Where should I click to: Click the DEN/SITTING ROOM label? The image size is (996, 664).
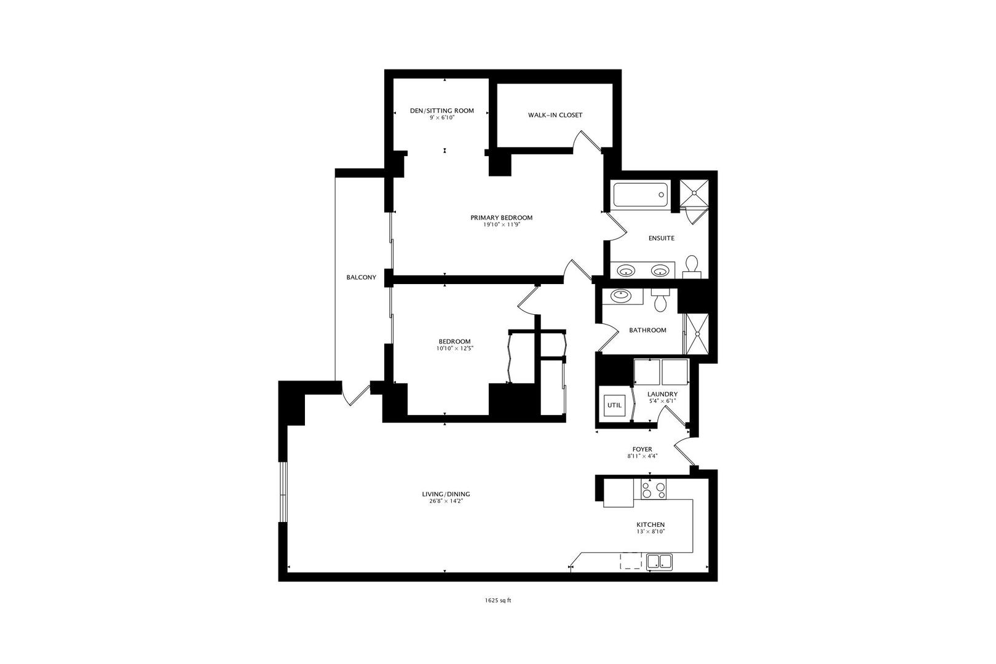441,111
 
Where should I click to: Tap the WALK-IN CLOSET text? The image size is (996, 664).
555,115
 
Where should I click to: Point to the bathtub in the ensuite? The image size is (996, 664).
640,195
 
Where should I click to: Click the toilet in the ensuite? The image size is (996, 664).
692,264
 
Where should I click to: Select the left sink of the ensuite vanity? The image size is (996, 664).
626,270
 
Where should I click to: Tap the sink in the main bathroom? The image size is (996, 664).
622,296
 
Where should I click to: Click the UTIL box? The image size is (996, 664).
614,405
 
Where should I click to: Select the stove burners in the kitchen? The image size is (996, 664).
653,490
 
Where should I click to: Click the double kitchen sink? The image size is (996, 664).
659,561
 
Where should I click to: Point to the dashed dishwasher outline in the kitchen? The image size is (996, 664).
631,560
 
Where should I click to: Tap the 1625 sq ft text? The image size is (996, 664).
497,601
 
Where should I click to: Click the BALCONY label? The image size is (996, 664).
361,277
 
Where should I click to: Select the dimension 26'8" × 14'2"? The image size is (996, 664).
446,501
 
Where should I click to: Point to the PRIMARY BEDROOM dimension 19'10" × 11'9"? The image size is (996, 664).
501,225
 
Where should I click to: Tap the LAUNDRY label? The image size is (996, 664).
662,394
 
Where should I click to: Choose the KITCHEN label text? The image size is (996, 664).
650,524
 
